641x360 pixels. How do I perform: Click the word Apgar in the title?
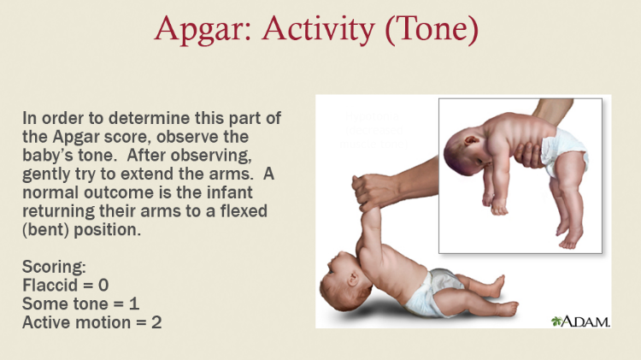(203, 29)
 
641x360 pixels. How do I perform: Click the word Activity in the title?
(319, 29)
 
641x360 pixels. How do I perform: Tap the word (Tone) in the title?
(432, 29)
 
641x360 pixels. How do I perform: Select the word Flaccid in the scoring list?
(50, 285)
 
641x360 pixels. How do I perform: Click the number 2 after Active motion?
(156, 322)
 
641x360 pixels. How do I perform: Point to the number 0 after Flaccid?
(103, 285)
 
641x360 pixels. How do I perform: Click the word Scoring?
(54, 267)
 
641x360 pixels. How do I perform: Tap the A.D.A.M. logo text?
(585, 322)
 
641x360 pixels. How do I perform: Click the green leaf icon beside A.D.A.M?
(556, 322)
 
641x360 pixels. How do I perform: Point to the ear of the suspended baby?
(471, 140)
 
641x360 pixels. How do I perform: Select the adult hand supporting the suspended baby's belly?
(529, 154)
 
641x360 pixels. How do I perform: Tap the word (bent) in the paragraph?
(46, 230)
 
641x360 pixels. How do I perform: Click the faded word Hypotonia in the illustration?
(372, 116)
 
